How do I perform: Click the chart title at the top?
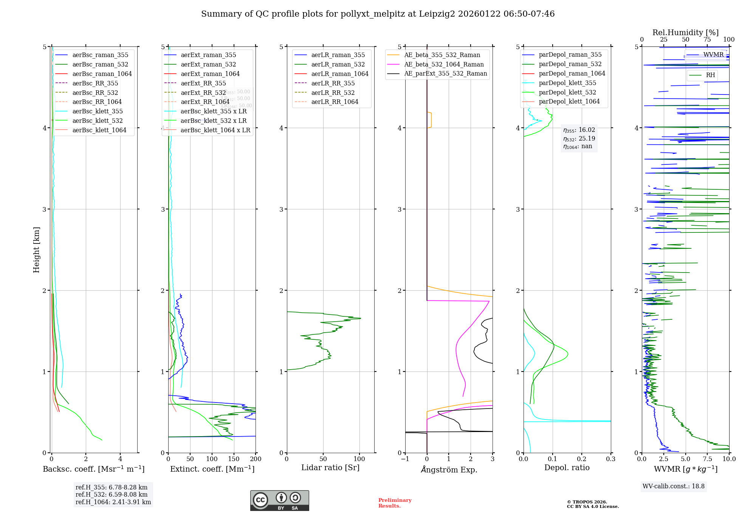coord(378,14)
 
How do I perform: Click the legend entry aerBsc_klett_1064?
coord(99,130)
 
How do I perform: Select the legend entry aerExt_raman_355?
coord(208,55)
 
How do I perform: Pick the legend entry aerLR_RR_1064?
coord(335,102)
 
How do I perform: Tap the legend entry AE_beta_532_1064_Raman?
coord(444,64)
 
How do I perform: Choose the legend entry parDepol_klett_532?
coord(567,92)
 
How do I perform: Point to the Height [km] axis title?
coord(36,249)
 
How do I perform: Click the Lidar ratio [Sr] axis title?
coord(330,468)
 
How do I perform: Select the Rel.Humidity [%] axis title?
coord(685,33)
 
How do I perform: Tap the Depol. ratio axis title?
coord(567,468)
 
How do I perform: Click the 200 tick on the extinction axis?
coord(256,459)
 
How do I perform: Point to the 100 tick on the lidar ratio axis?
coord(359,459)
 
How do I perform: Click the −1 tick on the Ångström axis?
coord(405,459)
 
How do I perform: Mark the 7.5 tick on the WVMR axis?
coord(707,459)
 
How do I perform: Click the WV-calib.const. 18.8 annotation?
coord(673,486)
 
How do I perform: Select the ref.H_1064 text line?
coord(113,502)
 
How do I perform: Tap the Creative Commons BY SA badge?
coord(279,500)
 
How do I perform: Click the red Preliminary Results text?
coord(395,503)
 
